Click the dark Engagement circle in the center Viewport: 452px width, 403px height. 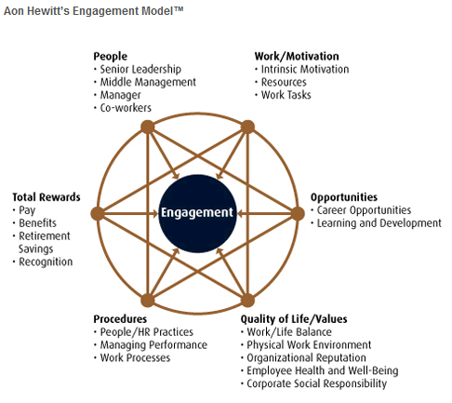(197, 213)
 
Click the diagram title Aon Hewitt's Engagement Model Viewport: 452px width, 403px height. (93, 11)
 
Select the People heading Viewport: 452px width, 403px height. (111, 56)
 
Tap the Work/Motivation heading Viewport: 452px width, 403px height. (297, 56)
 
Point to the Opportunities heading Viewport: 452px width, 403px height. (344, 197)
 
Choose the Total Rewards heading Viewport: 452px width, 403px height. (47, 197)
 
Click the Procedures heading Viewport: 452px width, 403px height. (120, 319)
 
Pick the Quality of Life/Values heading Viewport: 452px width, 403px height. (294, 319)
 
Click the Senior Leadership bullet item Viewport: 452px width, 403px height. (140, 69)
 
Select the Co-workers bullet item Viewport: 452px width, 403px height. (126, 108)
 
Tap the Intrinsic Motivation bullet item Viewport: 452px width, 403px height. (305, 69)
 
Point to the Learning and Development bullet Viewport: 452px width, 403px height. (379, 223)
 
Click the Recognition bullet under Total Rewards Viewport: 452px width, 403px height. (46, 262)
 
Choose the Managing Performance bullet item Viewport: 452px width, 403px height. (153, 345)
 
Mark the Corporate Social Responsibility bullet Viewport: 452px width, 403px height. (317, 383)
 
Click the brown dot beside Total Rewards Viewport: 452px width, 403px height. (98, 213)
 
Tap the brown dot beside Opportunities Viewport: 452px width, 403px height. (298, 213)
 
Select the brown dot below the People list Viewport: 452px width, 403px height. (148, 127)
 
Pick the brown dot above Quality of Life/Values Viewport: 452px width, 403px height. (247, 300)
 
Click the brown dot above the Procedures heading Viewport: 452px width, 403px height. (148, 300)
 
